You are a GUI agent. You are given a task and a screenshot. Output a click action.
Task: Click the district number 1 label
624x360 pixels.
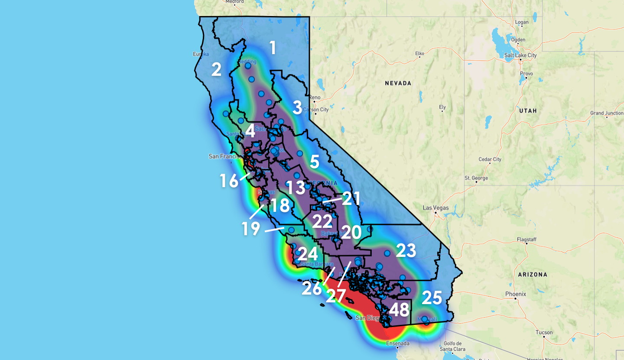pyautogui.click(x=273, y=48)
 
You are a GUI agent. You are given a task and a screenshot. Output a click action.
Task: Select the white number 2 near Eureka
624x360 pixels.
pyautogui.click(x=216, y=69)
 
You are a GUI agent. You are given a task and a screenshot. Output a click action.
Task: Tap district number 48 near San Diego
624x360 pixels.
pyautogui.click(x=399, y=310)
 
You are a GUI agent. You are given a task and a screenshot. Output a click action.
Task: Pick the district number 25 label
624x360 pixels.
pyautogui.click(x=432, y=298)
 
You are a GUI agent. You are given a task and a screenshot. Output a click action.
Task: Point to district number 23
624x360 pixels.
pyautogui.click(x=406, y=250)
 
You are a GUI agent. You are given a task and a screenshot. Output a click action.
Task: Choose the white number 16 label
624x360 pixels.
pyautogui.click(x=229, y=181)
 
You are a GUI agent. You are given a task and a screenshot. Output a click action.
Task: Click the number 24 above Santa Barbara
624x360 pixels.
pyautogui.click(x=308, y=254)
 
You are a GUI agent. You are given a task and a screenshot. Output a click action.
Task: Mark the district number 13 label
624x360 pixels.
pyautogui.click(x=295, y=188)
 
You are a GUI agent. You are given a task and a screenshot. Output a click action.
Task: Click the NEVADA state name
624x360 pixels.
pyautogui.click(x=398, y=83)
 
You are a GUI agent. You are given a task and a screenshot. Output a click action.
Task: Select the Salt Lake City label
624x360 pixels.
pyautogui.click(x=520, y=55)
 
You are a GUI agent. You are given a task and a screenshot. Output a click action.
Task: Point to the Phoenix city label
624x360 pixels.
pyautogui.click(x=515, y=294)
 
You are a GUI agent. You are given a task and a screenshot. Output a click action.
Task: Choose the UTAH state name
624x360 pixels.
pyautogui.click(x=528, y=110)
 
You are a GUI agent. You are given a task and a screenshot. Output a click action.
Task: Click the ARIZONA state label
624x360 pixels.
pyautogui.click(x=533, y=274)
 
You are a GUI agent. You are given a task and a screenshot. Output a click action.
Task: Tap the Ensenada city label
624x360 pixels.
pyautogui.click(x=398, y=344)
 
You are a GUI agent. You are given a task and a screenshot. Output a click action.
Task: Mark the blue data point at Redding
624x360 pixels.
pyautogui.click(x=248, y=66)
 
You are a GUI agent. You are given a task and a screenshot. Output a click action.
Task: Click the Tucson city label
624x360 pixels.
pyautogui.click(x=544, y=333)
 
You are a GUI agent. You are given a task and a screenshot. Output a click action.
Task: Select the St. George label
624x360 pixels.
pyautogui.click(x=476, y=178)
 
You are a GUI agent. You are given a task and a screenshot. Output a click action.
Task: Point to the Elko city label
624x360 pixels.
pyautogui.click(x=419, y=54)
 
